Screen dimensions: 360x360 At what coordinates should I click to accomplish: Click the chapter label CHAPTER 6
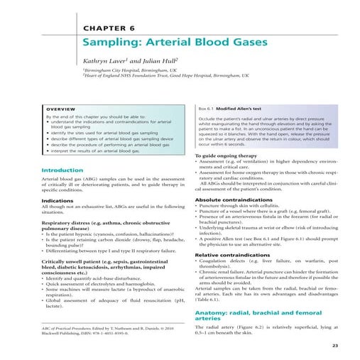pos(111,28)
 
